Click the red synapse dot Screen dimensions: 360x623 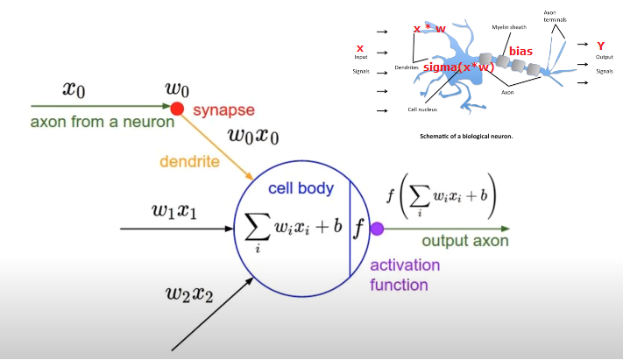point(176,109)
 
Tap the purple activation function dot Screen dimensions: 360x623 point(377,229)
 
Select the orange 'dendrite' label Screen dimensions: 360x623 point(189,161)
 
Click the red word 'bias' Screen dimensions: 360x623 point(520,52)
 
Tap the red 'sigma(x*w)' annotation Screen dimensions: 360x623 point(458,67)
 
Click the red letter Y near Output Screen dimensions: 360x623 point(600,46)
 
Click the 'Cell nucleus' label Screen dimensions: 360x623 point(422,109)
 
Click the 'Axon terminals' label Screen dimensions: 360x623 point(555,16)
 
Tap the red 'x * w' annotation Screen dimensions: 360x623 point(429,29)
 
